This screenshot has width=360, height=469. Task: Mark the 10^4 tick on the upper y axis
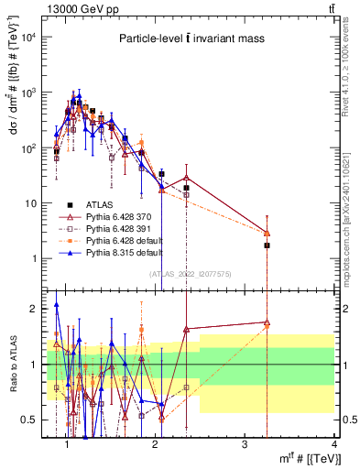point(27,38)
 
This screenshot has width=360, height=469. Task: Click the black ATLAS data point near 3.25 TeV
point(267,245)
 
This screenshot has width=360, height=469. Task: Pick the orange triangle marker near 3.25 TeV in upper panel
point(267,233)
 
